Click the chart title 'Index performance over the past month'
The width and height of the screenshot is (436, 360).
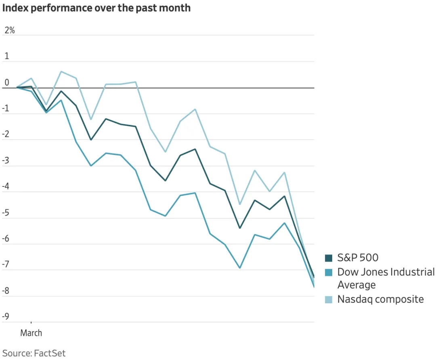click(x=96, y=8)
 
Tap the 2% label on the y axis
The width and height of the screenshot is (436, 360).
click(x=9, y=30)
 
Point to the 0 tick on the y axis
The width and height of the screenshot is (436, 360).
click(x=7, y=83)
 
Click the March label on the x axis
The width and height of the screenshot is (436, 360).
click(x=31, y=333)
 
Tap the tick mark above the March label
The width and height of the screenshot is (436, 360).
click(x=31, y=324)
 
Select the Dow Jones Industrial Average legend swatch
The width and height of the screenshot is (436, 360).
click(x=329, y=272)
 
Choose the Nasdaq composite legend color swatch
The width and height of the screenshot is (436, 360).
click(x=329, y=299)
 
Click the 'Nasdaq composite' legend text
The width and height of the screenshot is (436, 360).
click(x=380, y=299)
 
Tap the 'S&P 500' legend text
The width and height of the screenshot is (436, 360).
click(x=358, y=258)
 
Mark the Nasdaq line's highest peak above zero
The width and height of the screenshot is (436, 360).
click(x=61, y=71)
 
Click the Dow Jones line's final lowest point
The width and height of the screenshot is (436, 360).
click(x=314, y=287)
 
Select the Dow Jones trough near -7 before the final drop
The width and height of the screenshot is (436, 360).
click(x=240, y=268)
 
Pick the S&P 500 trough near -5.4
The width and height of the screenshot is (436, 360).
click(x=240, y=228)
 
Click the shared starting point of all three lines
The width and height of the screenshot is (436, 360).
click(x=17, y=87)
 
